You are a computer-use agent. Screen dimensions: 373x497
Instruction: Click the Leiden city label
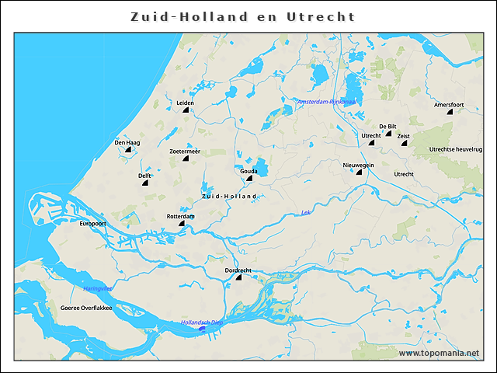pos(185,103)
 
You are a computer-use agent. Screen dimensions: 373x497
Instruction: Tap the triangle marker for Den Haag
pos(127,150)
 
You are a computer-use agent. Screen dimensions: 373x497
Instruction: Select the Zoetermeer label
pos(185,151)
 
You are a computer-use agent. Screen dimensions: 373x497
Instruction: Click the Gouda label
pos(248,170)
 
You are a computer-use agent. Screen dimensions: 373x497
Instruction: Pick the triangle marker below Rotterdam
pos(182,224)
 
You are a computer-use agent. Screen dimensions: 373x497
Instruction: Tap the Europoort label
pos(92,223)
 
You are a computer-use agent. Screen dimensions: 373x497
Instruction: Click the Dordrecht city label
pos(238,270)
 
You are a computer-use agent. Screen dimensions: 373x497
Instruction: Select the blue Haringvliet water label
pos(98,288)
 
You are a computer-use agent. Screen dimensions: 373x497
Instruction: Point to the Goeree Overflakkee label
pos(86,308)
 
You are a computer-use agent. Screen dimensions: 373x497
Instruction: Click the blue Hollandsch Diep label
pos(202,322)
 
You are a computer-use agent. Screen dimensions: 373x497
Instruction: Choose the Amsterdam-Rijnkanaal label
pos(326,101)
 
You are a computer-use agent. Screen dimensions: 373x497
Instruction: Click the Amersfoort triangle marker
pos(450,112)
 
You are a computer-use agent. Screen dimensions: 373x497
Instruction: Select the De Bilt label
pos(388,126)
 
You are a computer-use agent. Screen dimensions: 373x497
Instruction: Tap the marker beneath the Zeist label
pos(404,143)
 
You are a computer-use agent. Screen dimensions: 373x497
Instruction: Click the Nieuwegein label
pos(358,165)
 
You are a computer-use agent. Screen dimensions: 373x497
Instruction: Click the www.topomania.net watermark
pos(439,353)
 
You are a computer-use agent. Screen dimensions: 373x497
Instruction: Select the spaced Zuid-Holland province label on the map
pos(229,197)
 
